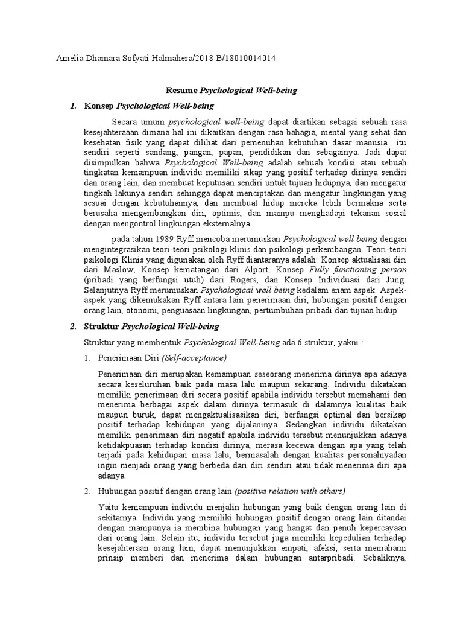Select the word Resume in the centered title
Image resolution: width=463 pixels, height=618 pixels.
[181, 90]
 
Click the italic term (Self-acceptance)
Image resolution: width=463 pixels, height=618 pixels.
[195, 358]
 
